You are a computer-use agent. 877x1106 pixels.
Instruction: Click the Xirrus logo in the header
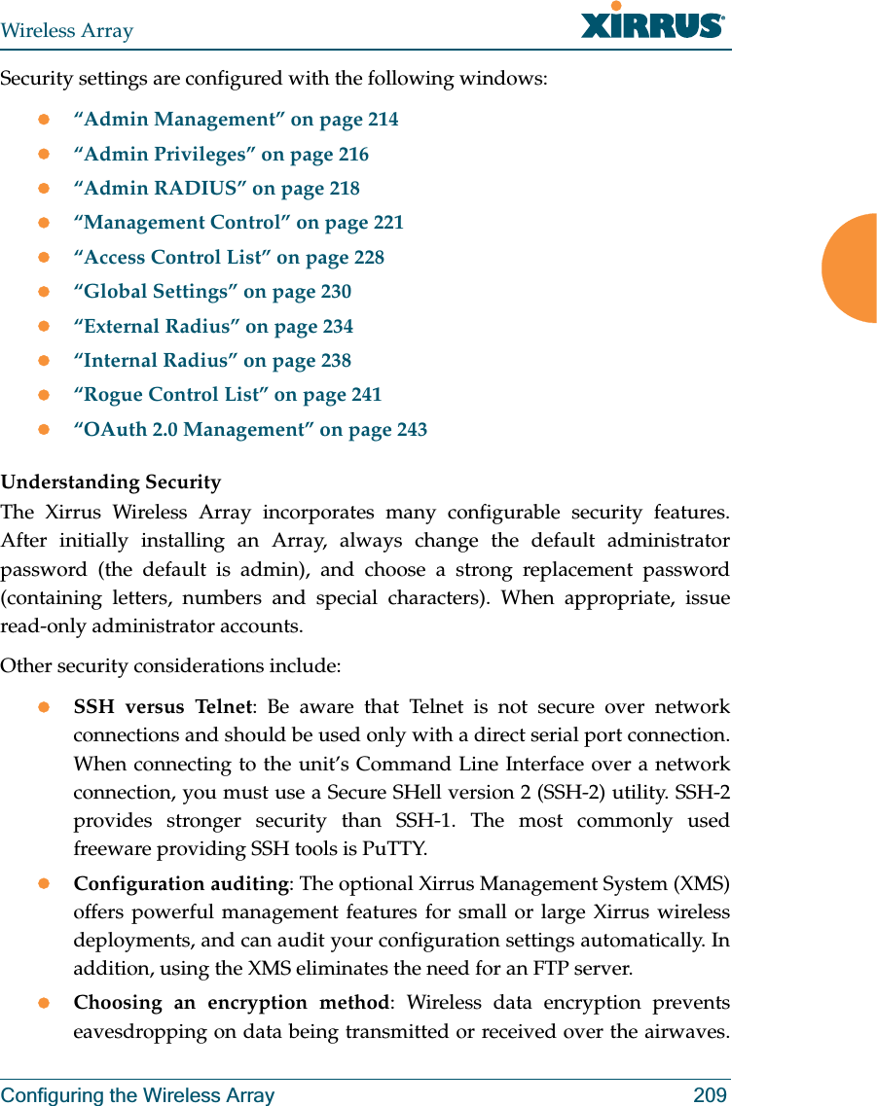(652, 22)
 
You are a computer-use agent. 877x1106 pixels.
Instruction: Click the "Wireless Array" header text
(67, 31)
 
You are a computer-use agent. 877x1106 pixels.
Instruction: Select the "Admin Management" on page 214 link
(237, 120)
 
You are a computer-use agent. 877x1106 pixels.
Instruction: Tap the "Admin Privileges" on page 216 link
(222, 154)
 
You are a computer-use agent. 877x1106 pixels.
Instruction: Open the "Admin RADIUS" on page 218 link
(217, 189)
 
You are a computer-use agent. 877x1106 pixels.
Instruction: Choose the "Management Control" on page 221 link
(239, 223)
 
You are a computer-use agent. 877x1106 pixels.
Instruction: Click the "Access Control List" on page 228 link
(230, 258)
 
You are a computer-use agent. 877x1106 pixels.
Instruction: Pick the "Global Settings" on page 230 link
(213, 292)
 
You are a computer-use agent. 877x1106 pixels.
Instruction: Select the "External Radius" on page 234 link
(214, 327)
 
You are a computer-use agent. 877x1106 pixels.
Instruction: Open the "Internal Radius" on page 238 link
(213, 361)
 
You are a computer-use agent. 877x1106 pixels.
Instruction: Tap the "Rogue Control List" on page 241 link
(229, 395)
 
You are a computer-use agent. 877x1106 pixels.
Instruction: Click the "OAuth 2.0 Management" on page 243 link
(251, 430)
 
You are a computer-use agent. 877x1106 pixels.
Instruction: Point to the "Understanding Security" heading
(111, 482)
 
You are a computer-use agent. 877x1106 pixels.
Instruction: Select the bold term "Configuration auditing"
(181, 884)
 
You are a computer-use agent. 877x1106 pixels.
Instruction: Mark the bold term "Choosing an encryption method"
(232, 1003)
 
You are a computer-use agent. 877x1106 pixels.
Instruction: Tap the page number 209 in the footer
(710, 1095)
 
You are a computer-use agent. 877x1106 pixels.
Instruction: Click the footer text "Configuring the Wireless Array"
(137, 1095)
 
